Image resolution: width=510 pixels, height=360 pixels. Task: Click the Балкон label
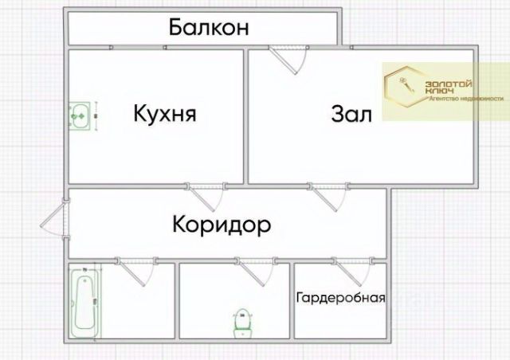(x=210, y=28)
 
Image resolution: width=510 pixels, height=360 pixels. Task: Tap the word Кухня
(x=165, y=114)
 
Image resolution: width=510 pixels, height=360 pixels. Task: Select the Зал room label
(x=351, y=115)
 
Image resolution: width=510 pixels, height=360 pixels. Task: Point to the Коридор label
(x=221, y=225)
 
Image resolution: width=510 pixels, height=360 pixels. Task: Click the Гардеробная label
(x=340, y=299)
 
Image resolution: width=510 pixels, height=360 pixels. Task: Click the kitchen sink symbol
(x=80, y=115)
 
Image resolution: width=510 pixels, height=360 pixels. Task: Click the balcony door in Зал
(x=288, y=59)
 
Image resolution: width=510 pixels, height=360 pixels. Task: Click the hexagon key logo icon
(x=402, y=87)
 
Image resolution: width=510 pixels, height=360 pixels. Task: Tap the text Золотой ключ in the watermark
(x=450, y=87)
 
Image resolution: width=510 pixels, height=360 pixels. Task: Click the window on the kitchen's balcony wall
(x=138, y=49)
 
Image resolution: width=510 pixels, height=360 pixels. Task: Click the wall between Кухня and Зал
(x=245, y=115)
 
